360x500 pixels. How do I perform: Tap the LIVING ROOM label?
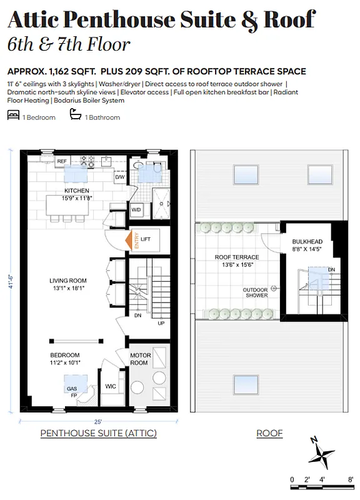68,281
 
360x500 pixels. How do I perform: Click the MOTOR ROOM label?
140,359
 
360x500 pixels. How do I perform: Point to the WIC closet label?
111,386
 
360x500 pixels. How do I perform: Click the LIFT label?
146,239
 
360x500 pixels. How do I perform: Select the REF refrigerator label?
62,161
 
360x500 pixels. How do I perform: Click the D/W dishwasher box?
119,177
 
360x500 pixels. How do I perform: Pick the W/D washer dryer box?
136,209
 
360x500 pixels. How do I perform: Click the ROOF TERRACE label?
237,257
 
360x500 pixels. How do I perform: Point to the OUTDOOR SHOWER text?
256,292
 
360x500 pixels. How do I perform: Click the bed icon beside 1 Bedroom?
12,116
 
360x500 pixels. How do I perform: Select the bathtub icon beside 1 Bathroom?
76,116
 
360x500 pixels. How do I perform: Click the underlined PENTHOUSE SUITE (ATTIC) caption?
98,433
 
